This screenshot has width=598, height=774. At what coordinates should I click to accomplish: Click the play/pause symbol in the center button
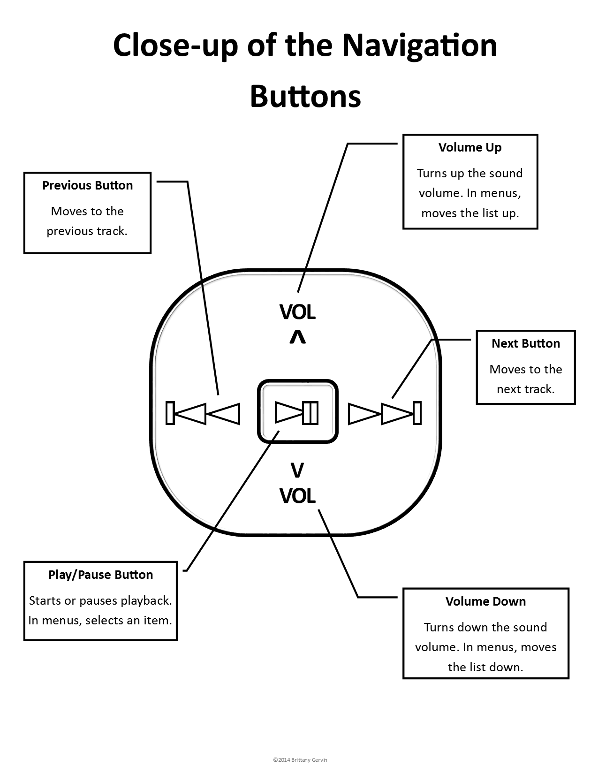(296, 412)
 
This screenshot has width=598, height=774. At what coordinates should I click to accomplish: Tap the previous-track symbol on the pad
(203, 413)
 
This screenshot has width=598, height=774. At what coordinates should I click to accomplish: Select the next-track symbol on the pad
(385, 413)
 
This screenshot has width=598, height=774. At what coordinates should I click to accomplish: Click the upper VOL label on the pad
(297, 312)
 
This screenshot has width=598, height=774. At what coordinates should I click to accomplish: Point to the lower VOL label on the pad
(297, 496)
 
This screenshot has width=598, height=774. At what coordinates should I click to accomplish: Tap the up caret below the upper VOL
(297, 337)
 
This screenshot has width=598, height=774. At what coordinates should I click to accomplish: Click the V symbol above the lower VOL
(297, 470)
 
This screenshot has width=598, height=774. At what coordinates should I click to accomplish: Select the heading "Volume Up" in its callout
(470, 147)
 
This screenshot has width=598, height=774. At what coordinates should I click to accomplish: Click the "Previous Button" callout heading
(87, 185)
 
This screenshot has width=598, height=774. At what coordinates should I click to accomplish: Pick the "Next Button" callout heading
(525, 343)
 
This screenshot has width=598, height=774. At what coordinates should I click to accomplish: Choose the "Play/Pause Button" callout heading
(100, 575)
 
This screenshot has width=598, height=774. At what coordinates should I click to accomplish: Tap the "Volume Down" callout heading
(485, 601)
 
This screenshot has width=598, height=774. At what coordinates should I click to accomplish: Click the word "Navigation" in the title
(419, 46)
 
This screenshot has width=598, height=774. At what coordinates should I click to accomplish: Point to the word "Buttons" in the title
(305, 96)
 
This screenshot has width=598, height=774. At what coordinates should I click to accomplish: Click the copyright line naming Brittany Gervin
(298, 759)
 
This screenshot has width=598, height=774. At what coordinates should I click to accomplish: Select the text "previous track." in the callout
(87, 231)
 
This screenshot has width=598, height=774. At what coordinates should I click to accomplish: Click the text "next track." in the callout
(525, 389)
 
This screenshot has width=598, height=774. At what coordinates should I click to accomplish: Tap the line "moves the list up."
(470, 213)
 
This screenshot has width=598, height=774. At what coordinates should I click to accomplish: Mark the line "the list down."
(485, 667)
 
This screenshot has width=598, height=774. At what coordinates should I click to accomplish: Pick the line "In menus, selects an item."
(100, 620)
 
